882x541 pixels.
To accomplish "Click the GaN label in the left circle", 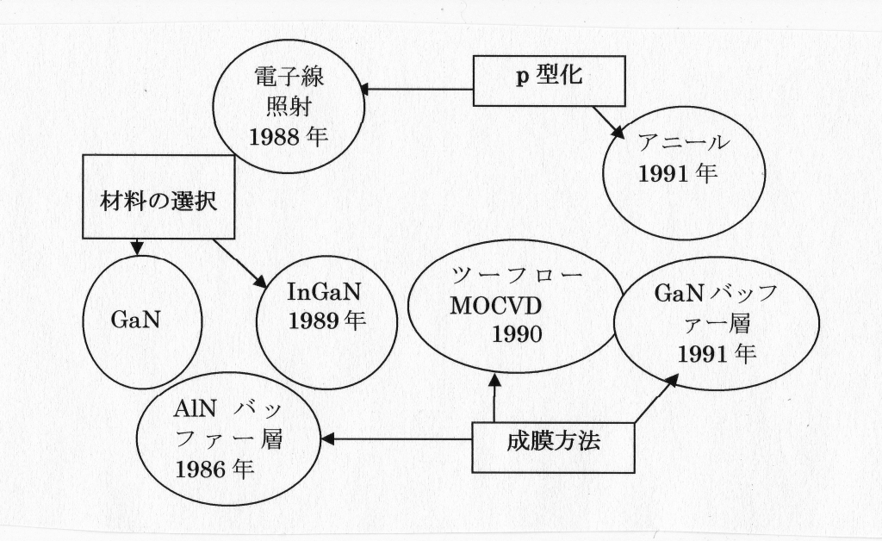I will coord(140,320).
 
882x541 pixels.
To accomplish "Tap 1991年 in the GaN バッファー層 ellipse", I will coord(708,353).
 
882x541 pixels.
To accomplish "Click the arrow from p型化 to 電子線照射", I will coord(418,90).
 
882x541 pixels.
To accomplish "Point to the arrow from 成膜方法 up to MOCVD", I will coord(494,397).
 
